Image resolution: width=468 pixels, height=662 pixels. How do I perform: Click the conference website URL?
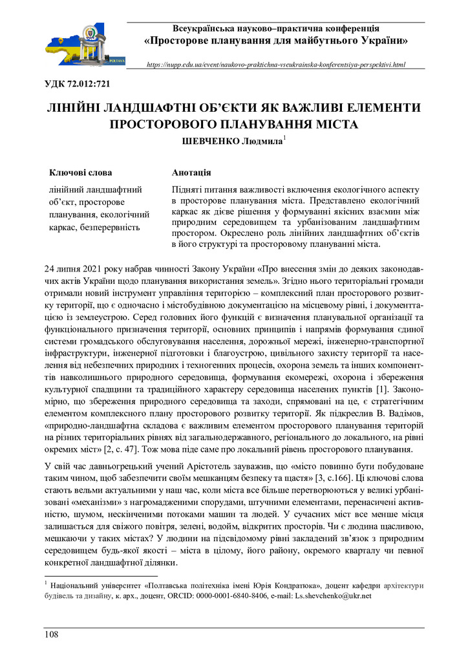pos(276,65)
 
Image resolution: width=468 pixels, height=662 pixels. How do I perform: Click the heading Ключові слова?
pos(81,173)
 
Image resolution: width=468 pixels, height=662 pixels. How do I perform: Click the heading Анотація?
pos(191,173)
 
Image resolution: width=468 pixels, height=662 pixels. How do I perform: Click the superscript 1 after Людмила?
pos(284,138)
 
